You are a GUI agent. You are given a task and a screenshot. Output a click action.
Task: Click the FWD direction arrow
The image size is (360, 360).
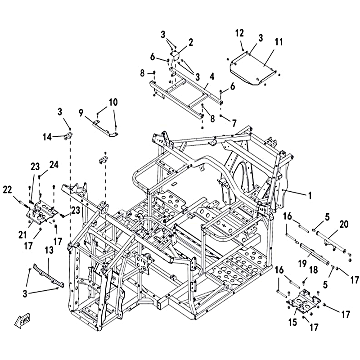click(22, 321)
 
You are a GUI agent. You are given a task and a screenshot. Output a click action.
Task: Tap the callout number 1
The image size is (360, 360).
click(310, 196)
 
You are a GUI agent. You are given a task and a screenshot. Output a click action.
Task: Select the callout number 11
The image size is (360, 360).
click(279, 42)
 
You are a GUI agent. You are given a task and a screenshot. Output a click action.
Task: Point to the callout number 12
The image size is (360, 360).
click(239, 33)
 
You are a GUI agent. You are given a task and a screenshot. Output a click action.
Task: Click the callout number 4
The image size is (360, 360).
click(211, 76)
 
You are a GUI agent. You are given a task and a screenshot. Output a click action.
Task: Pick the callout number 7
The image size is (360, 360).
click(234, 123)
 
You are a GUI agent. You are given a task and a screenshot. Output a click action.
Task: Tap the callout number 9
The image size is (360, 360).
click(81, 113)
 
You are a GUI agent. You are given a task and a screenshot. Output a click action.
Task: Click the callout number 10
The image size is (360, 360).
click(113, 102)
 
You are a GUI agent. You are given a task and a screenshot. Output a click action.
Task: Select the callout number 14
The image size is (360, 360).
click(47, 137)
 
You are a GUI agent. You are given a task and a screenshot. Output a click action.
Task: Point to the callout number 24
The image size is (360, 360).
click(54, 165)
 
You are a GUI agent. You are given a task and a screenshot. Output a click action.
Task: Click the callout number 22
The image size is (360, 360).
click(7, 189)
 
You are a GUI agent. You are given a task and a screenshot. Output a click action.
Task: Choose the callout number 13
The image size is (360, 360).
click(49, 251)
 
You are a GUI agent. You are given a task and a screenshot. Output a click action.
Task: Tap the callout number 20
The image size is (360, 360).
click(344, 224)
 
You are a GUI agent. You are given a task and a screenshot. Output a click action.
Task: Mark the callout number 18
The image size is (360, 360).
click(313, 270)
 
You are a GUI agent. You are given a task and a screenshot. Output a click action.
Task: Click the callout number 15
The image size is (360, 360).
click(293, 322)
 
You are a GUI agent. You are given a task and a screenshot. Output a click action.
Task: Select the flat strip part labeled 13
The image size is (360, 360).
click(49, 275)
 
